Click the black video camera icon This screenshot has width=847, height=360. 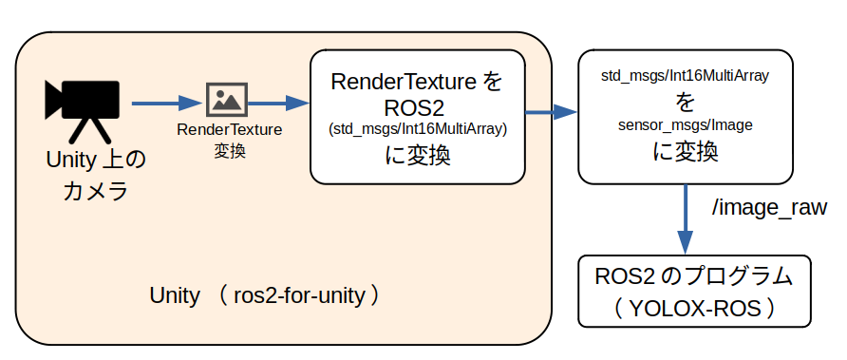[83, 100]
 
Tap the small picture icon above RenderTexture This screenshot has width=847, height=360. [227, 99]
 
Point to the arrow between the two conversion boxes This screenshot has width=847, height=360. [551, 112]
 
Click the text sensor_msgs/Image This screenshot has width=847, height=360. [685, 124]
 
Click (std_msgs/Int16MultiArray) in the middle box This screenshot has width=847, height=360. [417, 129]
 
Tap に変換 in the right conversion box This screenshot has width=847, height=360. [685, 151]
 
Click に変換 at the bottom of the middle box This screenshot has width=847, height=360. [417, 156]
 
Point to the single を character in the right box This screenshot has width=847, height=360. [685, 101]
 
